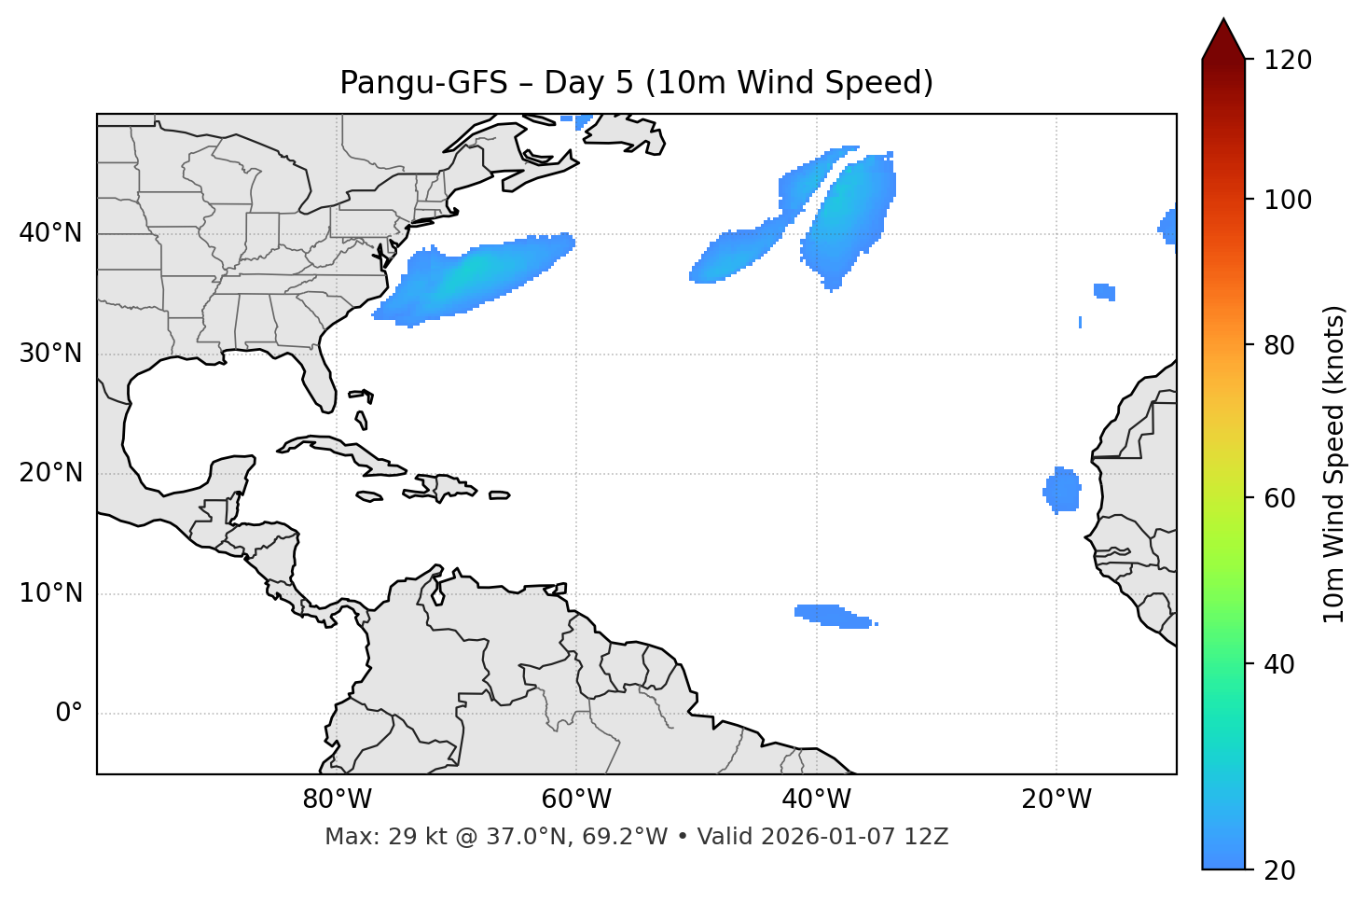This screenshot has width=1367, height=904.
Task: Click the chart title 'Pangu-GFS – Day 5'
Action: tap(635, 83)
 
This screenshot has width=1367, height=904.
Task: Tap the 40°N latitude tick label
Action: tap(50, 233)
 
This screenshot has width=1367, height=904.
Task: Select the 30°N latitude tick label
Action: tap(50, 354)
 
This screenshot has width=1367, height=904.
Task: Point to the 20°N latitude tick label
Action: tap(50, 474)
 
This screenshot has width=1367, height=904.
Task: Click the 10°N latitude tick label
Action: tap(50, 593)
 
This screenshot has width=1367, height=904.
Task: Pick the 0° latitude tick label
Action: tap(68, 714)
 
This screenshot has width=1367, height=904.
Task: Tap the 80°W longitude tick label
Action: tap(337, 800)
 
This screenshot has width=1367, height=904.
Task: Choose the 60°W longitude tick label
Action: tap(576, 800)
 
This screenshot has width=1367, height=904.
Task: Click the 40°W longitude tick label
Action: tap(817, 800)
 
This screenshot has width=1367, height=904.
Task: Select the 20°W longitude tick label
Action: tap(1056, 800)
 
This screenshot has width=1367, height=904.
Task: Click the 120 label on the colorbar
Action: tap(1288, 61)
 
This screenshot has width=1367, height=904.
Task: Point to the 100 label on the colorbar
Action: tap(1288, 200)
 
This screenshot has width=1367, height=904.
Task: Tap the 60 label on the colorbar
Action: tap(1280, 498)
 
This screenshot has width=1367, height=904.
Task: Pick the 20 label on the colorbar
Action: tap(1280, 870)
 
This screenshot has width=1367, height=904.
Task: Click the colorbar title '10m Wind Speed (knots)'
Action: tap(1334, 464)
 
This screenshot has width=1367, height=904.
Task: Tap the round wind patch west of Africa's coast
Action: tap(1062, 490)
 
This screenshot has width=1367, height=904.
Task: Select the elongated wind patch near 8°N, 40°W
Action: tap(832, 616)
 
